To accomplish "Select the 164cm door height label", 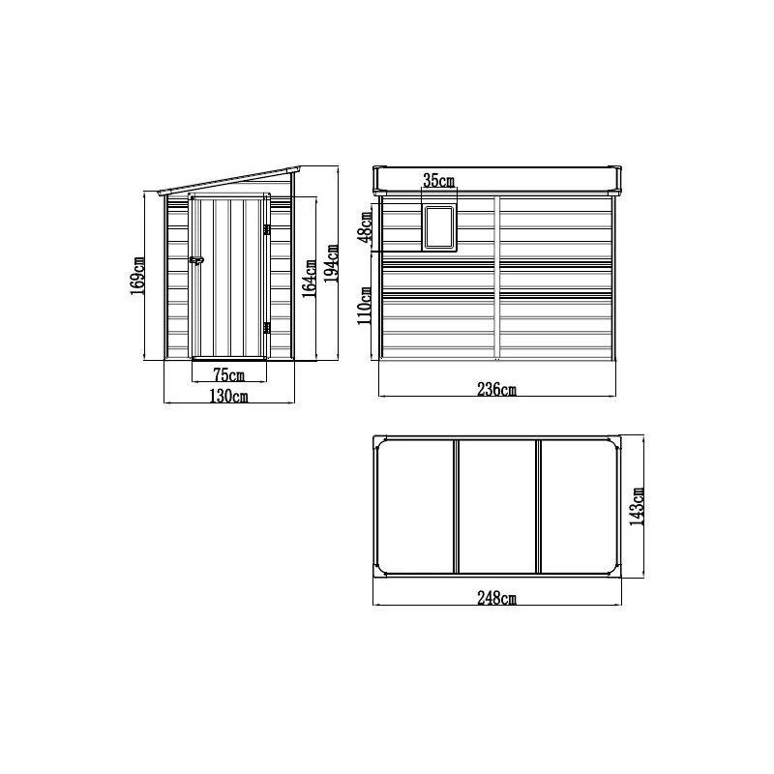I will tap(309, 279).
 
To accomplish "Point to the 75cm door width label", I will tap(228, 374).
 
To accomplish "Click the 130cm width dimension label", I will tap(228, 396).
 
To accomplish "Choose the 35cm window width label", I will tap(438, 181).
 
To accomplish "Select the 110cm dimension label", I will tap(365, 307).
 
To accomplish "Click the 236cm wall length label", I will tap(497, 390).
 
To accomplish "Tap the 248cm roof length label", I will tap(497, 599).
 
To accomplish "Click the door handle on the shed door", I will tap(196, 259).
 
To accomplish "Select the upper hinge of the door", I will tap(265, 228).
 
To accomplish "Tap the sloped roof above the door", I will tap(227, 182).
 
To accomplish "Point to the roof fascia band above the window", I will tap(497, 179).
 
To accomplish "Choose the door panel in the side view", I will tap(228, 276).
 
